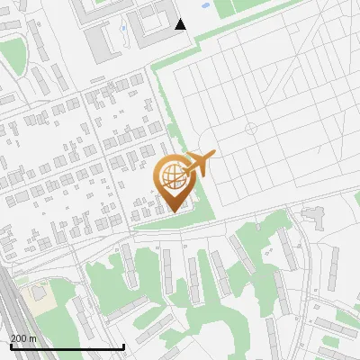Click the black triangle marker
pos(181,24)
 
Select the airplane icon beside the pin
pos(199,165)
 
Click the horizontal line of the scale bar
pos(67,346)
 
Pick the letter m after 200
pos(32,338)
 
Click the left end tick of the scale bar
pos(10,345)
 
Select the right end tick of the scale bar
pos(123,345)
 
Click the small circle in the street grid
pos(251,129)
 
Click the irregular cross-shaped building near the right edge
pos(314,216)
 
